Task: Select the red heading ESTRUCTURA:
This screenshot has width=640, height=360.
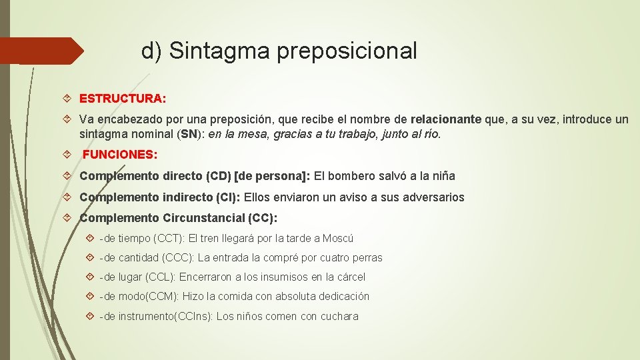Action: tap(123, 99)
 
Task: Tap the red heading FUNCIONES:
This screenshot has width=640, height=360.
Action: tap(120, 155)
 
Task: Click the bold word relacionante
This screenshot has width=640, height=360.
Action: tap(446, 120)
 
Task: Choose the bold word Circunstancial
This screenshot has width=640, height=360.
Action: tap(203, 218)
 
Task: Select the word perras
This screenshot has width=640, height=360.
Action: tap(367, 257)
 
